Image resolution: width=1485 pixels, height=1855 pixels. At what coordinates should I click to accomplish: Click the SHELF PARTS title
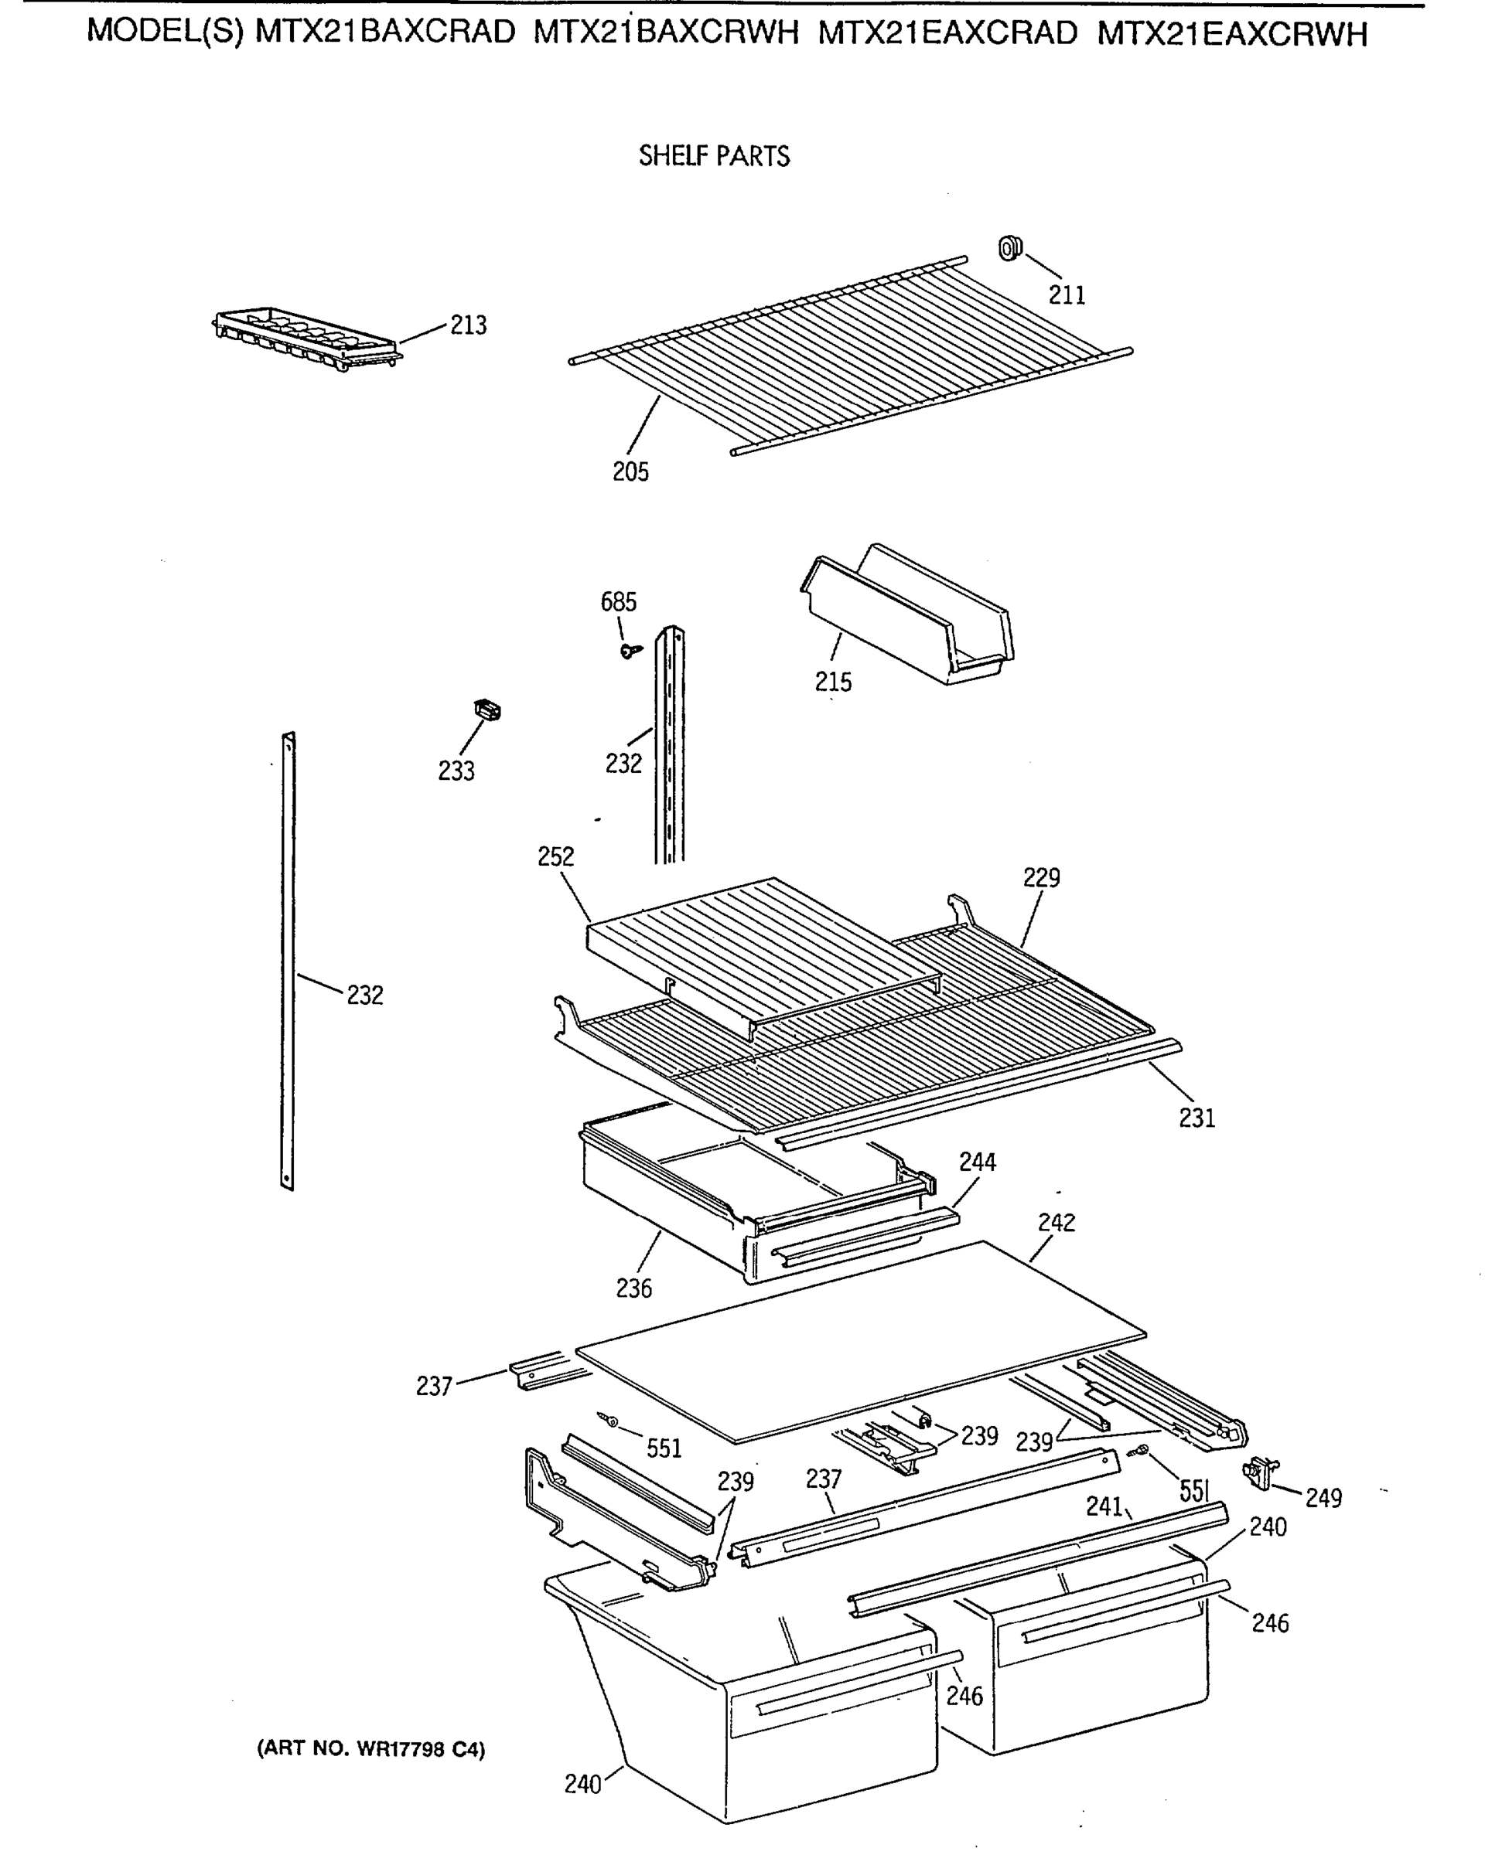[x=714, y=155]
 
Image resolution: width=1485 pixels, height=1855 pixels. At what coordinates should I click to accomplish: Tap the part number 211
[x=1067, y=295]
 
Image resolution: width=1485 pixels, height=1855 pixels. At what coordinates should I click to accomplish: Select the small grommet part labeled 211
[x=1009, y=249]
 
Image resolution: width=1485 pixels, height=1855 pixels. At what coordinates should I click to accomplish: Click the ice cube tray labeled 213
[x=306, y=338]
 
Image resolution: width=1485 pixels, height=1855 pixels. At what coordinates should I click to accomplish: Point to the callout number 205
[x=630, y=471]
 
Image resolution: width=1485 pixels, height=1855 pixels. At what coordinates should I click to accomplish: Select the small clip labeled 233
[x=488, y=710]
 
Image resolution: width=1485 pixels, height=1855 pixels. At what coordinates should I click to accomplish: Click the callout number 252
[x=555, y=856]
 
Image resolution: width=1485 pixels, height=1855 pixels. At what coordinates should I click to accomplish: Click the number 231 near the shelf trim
[x=1197, y=1118]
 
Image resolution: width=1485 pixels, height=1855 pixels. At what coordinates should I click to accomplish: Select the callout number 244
[x=977, y=1162]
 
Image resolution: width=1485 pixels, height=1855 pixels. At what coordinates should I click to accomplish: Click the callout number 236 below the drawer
[x=633, y=1288]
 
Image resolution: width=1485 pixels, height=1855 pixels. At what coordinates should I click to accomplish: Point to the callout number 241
[x=1104, y=1506]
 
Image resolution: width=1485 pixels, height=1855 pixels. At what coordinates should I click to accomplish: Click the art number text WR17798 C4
[x=371, y=1749]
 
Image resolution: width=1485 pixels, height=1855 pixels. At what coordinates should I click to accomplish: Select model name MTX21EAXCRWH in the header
[x=1232, y=33]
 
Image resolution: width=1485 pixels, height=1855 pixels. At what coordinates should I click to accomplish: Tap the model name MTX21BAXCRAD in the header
[x=385, y=32]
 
